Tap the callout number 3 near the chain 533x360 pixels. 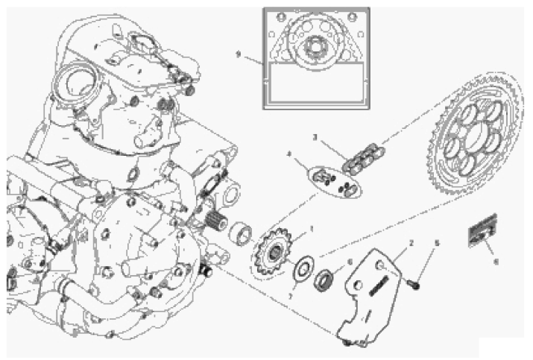pos(315,138)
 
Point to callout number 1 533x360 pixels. pos(311,228)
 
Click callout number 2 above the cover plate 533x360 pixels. pos(410,244)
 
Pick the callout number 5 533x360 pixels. pos(438,243)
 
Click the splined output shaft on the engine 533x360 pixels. pos(215,221)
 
